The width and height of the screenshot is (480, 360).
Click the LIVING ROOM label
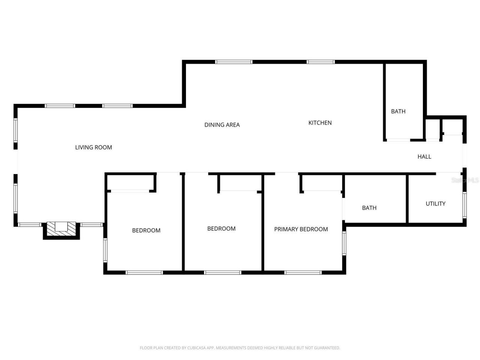(93, 147)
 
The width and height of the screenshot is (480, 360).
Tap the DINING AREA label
(222, 125)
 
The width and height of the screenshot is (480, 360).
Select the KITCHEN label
(320, 123)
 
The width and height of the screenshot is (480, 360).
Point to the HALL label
(424, 157)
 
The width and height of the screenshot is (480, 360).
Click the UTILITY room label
(435, 204)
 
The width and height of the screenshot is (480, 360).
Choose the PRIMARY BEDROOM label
(301, 229)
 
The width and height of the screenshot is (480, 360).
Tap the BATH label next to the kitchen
(398, 111)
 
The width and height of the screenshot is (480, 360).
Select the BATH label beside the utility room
(369, 208)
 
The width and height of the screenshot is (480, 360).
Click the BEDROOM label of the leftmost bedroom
(146, 230)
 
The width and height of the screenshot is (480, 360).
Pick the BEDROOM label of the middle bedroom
(221, 229)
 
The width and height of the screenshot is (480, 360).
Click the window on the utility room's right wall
(464, 205)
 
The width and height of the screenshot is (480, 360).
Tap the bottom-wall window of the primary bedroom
(303, 273)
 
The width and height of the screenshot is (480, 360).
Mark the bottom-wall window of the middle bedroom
(222, 273)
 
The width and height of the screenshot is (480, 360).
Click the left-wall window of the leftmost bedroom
(105, 250)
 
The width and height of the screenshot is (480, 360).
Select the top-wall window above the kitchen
(320, 62)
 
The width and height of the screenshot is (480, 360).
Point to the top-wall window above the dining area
(234, 62)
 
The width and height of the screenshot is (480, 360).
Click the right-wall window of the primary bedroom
(344, 243)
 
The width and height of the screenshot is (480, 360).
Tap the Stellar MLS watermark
(465, 180)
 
